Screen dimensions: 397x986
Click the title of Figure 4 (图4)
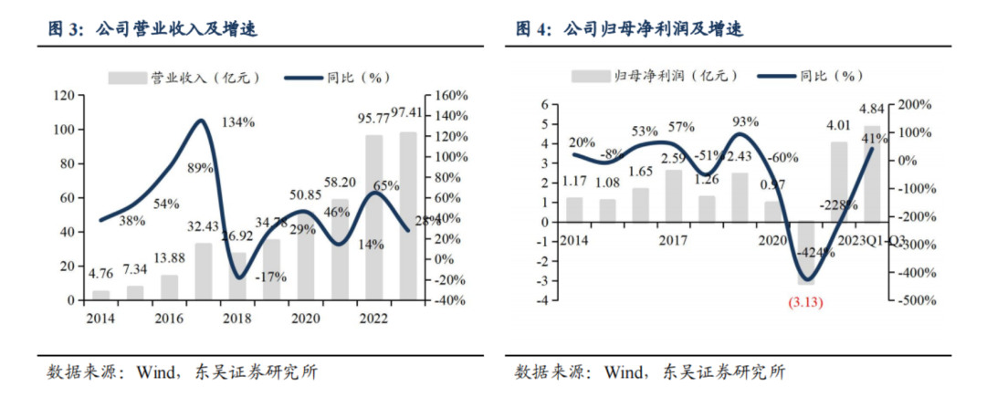click(x=630, y=29)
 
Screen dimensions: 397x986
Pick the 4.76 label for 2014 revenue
click(x=101, y=271)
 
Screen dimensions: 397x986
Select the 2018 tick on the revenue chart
click(x=236, y=319)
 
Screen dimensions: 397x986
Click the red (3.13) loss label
click(x=804, y=302)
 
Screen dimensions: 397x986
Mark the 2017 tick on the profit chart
click(x=672, y=240)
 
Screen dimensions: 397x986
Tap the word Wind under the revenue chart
click(x=156, y=371)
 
